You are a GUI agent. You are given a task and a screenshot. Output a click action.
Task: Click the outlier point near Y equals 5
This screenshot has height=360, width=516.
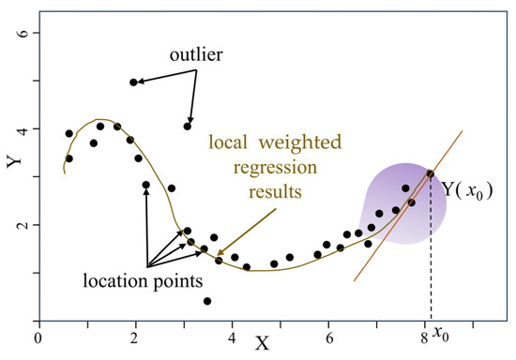[x=133, y=82]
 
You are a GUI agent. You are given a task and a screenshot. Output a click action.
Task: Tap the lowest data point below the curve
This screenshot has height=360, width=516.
[x=206, y=301]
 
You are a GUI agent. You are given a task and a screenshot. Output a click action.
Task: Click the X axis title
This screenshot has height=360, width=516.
[x=262, y=342]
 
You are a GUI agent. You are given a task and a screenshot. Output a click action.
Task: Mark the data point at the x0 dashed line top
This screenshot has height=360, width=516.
[x=431, y=173]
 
